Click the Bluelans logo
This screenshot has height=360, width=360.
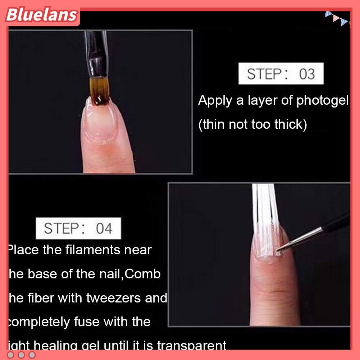point(42,15)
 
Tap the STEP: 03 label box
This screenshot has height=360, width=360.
point(281,74)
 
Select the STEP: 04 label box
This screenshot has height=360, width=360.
point(78,228)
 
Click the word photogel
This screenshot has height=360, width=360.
point(322,101)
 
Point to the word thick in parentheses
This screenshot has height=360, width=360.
point(289,125)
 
